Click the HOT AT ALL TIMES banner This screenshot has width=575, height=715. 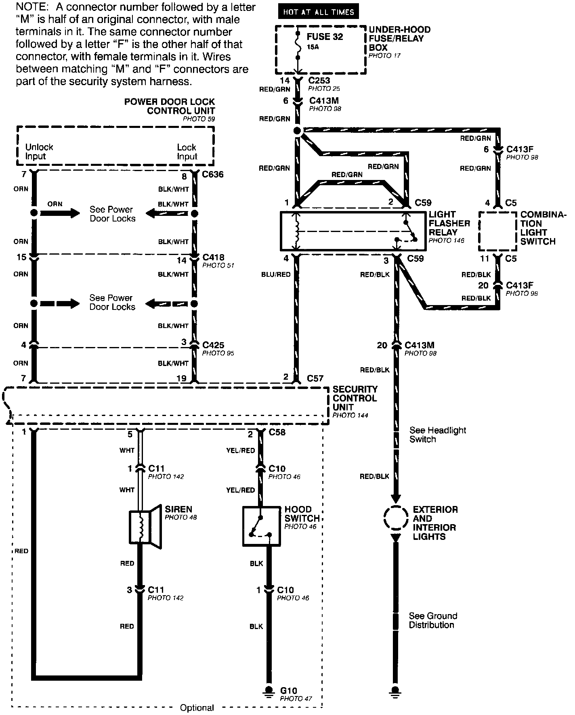click(x=318, y=12)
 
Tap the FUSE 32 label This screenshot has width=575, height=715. click(x=325, y=37)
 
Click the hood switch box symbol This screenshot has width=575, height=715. click(x=261, y=527)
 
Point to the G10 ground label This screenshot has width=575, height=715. click(x=288, y=690)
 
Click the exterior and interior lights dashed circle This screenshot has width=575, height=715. click(x=396, y=518)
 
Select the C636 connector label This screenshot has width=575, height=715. click(x=213, y=175)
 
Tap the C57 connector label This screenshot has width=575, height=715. click(x=315, y=378)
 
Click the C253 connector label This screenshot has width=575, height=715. click(x=319, y=81)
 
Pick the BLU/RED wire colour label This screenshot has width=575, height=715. click(x=276, y=274)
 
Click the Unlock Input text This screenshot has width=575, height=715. click(x=39, y=152)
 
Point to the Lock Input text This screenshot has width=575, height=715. click(x=187, y=152)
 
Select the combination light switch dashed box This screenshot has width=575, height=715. click(x=497, y=231)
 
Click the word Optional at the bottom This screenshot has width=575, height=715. click(x=197, y=707)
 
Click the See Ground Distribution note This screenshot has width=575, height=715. click(x=433, y=620)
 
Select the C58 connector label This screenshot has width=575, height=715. click(x=277, y=433)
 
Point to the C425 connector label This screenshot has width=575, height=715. click(x=213, y=345)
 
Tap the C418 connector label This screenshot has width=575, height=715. click(x=213, y=257)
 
